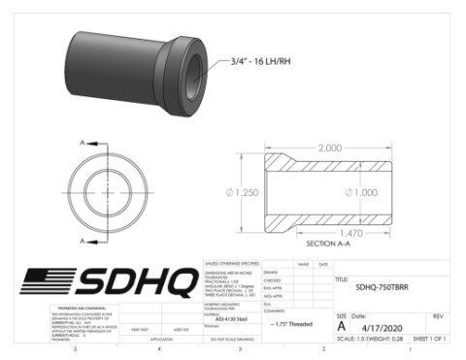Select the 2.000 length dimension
[329, 147]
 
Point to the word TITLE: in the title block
[342, 278]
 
